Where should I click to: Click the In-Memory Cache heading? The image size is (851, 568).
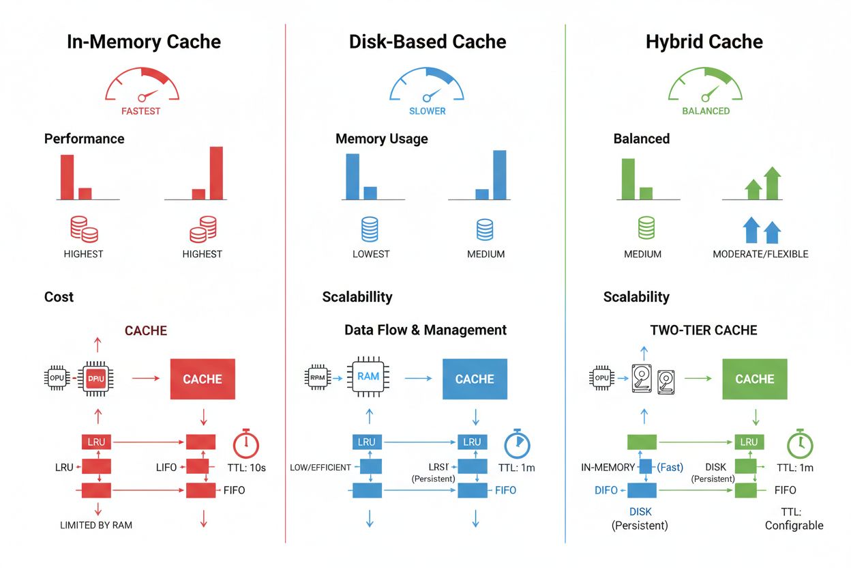click(x=144, y=42)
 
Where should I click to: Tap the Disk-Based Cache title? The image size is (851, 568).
click(x=428, y=42)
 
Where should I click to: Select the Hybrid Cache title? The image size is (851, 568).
click(x=704, y=42)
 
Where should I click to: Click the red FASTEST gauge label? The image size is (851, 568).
click(x=141, y=111)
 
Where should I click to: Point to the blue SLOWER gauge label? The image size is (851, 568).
click(x=427, y=111)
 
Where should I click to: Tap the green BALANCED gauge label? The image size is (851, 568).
click(x=706, y=111)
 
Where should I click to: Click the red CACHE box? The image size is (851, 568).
click(x=203, y=379)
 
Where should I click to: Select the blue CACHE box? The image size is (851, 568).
click(x=475, y=379)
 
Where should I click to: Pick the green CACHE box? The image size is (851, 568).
click(x=754, y=379)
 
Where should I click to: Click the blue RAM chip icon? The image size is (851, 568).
click(x=368, y=376)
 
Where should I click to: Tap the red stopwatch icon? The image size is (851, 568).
click(x=245, y=443)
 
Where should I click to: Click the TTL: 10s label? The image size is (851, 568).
click(x=246, y=468)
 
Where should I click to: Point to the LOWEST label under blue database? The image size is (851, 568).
click(x=371, y=254)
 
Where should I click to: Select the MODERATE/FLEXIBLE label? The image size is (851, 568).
click(x=760, y=254)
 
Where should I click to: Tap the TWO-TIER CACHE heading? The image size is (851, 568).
click(x=704, y=330)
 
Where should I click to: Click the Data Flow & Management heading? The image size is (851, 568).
click(x=425, y=330)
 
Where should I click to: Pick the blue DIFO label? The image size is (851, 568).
click(x=606, y=490)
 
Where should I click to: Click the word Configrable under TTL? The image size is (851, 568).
click(x=794, y=526)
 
